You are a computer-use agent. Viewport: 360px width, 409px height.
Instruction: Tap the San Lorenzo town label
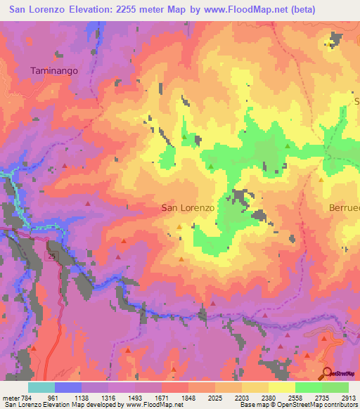[188, 208]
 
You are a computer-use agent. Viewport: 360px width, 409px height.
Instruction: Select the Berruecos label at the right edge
[345, 208]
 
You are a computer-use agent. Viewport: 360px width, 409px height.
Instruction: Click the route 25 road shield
[52, 257]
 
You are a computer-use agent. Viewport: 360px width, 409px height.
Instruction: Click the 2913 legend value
[349, 397]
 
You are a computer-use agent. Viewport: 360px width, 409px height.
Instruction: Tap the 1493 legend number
[134, 397]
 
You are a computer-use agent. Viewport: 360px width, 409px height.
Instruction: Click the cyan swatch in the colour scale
[41, 387]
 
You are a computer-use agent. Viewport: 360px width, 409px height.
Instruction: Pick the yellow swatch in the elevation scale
[281, 387]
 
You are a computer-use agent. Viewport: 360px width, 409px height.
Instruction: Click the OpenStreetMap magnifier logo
[327, 374]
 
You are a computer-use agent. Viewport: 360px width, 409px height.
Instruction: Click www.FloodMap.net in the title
[237, 10]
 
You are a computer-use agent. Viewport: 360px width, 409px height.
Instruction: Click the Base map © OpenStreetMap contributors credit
[298, 405]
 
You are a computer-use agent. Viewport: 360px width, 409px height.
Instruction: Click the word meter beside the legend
[10, 397]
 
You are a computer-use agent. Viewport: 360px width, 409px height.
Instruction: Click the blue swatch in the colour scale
[67, 387]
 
